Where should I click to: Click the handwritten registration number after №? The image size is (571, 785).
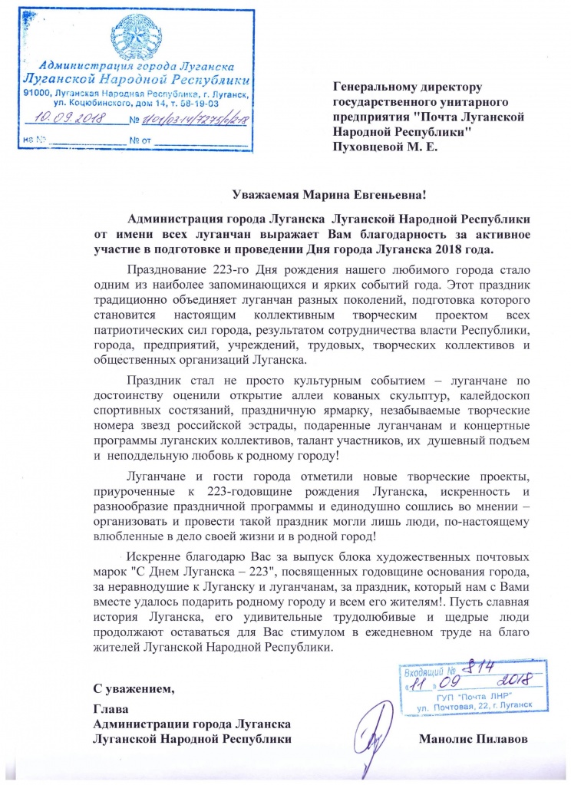191,119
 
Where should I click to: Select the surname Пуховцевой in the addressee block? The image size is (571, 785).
365,147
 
